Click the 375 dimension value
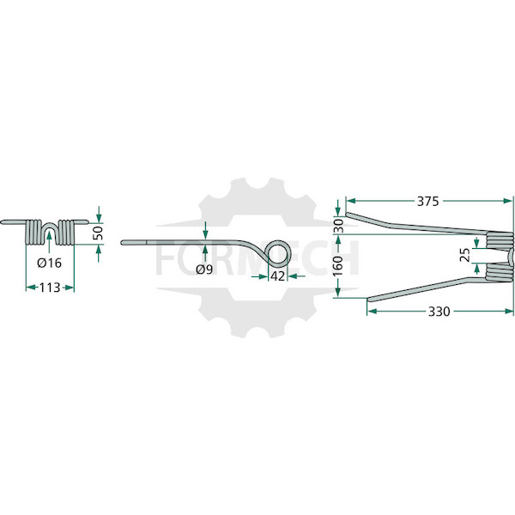click(x=427, y=201)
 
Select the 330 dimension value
click(x=439, y=311)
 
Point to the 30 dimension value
click(x=339, y=226)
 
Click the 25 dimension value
click(x=464, y=255)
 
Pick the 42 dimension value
click(x=277, y=276)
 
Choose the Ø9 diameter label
click(x=204, y=270)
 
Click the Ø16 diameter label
click(x=49, y=263)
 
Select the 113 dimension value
click(x=50, y=288)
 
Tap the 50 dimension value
click(x=99, y=233)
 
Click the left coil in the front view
click(x=33, y=232)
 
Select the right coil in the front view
click(x=66, y=232)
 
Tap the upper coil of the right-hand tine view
click(x=499, y=239)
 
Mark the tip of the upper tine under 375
click(x=347, y=215)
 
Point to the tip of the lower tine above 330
click(x=369, y=300)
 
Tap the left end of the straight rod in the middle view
click(x=122, y=243)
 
